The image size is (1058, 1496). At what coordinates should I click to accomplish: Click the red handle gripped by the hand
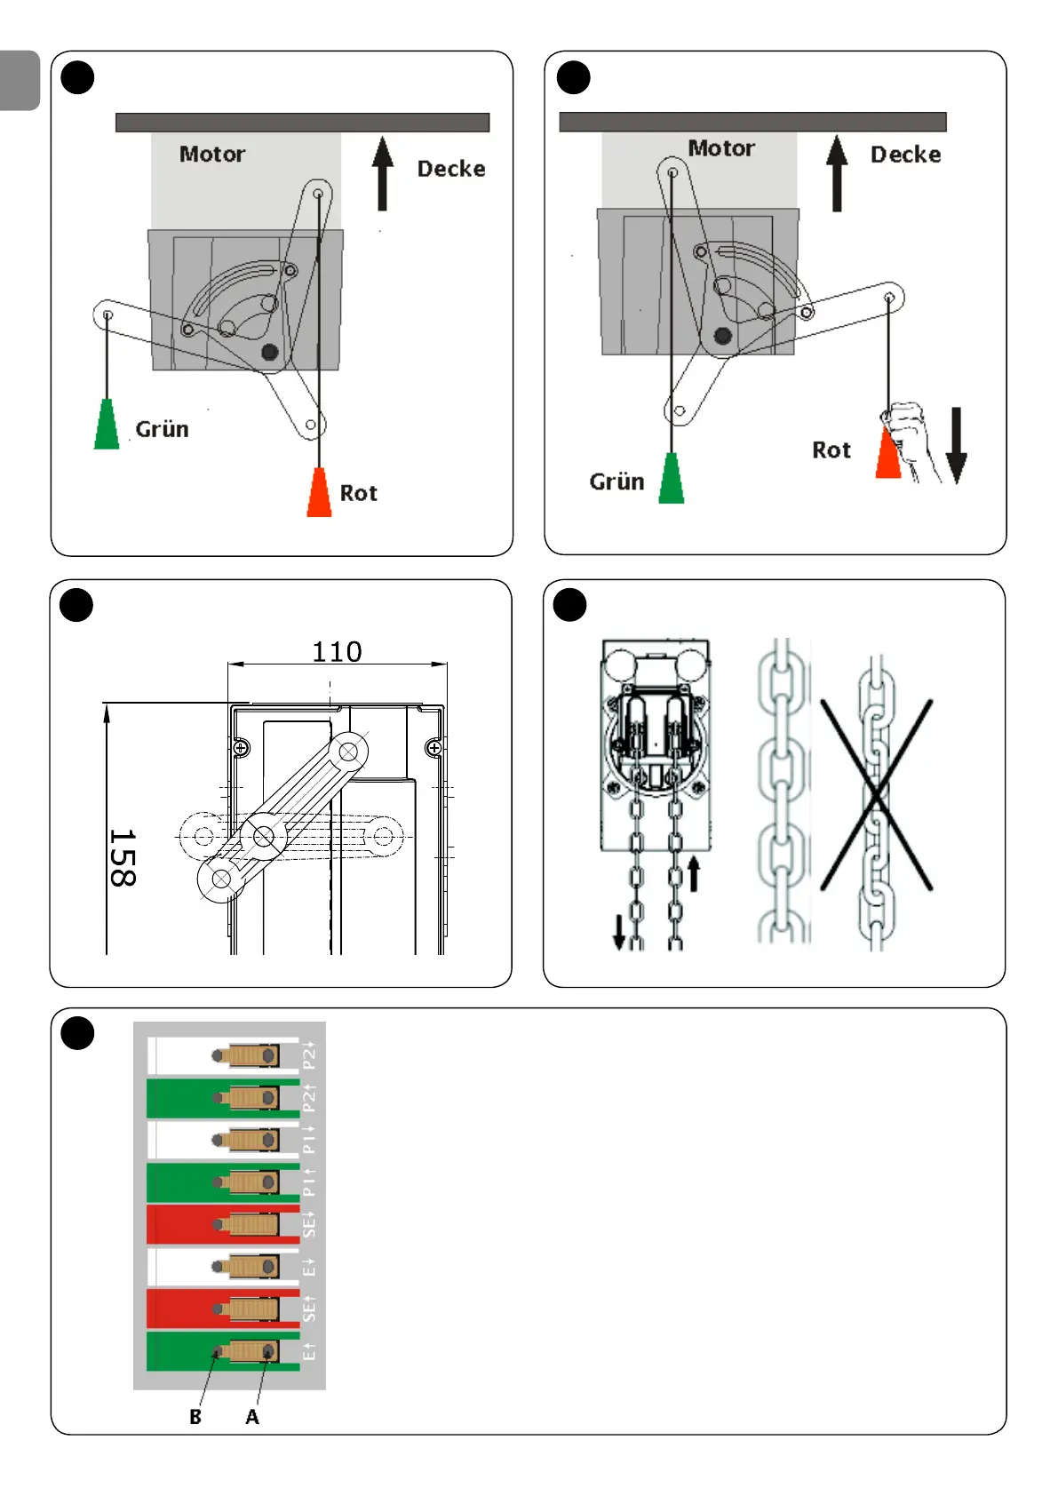pos(887,454)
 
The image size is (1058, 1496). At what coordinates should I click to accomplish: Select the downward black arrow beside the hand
pos(956,446)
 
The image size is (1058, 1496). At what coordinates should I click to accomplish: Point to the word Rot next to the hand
pos(831,450)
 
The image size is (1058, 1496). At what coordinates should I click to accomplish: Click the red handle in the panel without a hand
pos(319,492)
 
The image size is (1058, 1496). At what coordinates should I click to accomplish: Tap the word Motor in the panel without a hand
pos(212,154)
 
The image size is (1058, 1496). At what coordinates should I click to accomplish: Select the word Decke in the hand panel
pos(905,155)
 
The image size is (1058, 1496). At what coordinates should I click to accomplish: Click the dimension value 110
pos(337,652)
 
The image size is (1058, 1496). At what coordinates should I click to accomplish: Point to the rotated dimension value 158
pos(122,858)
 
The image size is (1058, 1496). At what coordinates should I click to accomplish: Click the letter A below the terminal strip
pos(252,1417)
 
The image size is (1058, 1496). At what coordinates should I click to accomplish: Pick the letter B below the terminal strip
pos(195,1417)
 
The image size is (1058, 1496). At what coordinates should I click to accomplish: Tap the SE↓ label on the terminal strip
pos(308,1224)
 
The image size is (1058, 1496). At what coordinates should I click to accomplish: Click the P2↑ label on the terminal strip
pos(308,1098)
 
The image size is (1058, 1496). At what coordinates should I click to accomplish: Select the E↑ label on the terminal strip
pos(308,1351)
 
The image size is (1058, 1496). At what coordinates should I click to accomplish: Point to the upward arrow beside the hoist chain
pos(694,874)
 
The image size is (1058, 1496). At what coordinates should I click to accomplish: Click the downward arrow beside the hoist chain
pos(619,932)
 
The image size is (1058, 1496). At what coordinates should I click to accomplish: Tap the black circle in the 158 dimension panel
pos(76,606)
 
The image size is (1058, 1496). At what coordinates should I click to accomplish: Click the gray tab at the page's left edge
pos(20,81)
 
